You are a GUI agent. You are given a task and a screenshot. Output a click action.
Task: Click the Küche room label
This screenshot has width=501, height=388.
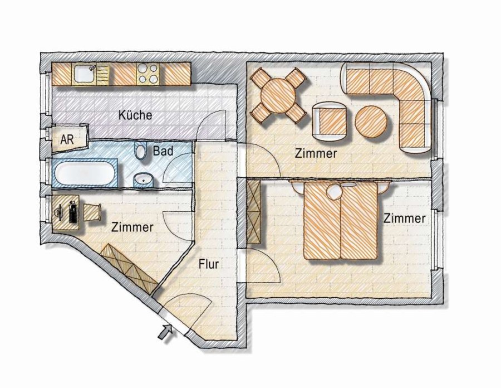pos(135,115)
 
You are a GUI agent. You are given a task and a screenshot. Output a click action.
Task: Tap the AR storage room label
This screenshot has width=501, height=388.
pos(67,139)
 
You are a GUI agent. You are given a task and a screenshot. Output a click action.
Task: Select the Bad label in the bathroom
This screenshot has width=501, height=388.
pos(163,151)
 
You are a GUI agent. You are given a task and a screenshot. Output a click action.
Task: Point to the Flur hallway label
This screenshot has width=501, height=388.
pos(209,264)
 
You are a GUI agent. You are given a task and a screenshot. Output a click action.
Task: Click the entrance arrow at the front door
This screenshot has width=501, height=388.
pos(165,331)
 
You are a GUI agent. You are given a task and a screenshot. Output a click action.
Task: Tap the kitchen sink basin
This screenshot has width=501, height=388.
pos(84,74)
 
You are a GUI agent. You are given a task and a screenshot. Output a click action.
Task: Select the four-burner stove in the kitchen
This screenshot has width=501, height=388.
pos(148,74)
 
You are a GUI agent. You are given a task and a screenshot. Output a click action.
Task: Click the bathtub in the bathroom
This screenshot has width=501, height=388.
pos(85,173)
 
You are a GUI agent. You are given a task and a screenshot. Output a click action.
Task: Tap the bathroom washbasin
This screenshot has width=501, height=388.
pos(144,180)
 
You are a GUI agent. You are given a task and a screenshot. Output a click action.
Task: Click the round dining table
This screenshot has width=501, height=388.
pos(278,95)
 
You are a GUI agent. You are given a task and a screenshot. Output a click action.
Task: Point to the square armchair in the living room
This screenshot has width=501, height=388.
pos(330,122)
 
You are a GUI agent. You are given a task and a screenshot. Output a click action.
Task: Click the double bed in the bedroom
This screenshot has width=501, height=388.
pos(341,220)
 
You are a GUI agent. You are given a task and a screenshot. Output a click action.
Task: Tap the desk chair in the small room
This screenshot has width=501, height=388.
pos(92,212)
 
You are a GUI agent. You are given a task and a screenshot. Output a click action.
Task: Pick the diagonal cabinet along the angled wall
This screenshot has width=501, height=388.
pos(129,269)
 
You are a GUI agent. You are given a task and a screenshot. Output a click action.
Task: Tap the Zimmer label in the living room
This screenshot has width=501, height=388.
pos(316,153)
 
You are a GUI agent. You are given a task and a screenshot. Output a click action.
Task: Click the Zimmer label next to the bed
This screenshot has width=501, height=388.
pos(404,219)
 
